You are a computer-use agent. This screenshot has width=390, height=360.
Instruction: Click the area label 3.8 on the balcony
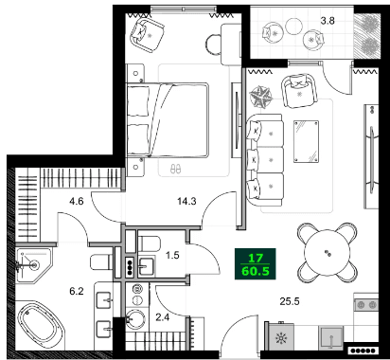pos(328,18)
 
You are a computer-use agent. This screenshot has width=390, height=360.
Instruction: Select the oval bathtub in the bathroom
pos(39,326)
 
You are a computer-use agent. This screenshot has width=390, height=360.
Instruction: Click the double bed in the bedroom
pos(176,118)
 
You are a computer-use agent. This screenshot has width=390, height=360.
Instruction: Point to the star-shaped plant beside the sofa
pos(261,96)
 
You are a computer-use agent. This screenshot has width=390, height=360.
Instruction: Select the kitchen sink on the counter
pos(331,335)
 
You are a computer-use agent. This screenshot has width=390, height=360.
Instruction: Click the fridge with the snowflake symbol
pos(279,337)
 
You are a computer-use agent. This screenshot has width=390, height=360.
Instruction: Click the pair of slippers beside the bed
pos(173,169)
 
